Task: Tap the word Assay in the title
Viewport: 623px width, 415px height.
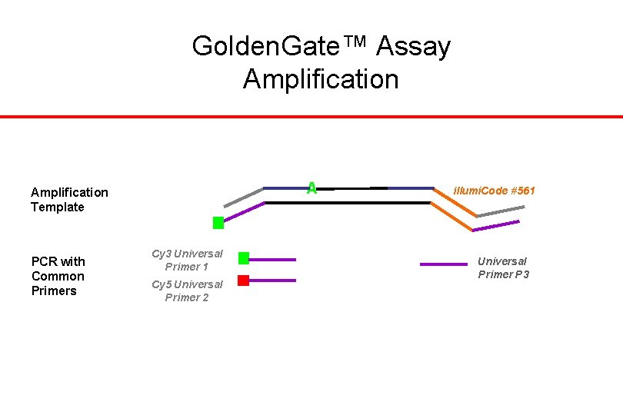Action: (413, 47)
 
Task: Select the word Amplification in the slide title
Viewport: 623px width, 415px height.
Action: (321, 78)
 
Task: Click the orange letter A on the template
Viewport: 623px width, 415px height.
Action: (311, 188)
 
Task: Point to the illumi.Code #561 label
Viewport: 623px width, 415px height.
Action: (495, 190)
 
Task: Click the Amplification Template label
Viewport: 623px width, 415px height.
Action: (69, 199)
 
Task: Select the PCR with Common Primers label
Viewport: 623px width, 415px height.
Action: (58, 276)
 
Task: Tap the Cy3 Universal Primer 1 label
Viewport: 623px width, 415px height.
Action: (187, 260)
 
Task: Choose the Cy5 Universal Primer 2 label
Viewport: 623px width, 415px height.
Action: (187, 290)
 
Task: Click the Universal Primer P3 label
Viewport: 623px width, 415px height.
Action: (503, 267)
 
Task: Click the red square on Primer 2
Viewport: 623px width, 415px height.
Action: (243, 281)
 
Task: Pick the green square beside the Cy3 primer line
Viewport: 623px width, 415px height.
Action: (244, 258)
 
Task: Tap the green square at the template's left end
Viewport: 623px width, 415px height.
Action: (218, 223)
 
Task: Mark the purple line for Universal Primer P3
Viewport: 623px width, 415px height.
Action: (443, 264)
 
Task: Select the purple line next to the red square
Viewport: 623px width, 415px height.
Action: (273, 281)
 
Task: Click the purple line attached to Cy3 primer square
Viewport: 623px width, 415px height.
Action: (273, 260)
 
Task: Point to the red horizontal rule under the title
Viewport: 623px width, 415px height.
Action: (311, 117)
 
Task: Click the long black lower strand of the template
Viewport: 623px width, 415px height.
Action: (346, 203)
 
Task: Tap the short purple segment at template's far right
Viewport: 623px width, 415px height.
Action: (496, 226)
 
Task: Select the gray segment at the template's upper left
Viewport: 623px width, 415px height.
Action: (243, 197)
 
